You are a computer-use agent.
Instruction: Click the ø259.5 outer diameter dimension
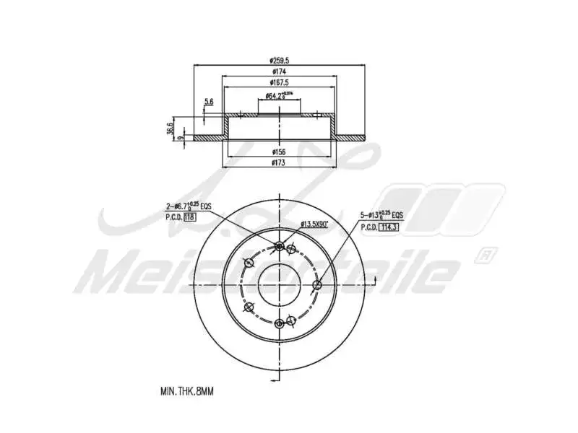point(279,61)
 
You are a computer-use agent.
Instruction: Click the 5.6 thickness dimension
point(209,102)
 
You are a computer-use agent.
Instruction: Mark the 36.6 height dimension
point(170,128)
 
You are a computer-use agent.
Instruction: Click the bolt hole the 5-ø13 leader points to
point(316,285)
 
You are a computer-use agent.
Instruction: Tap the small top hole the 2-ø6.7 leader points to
point(280,247)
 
